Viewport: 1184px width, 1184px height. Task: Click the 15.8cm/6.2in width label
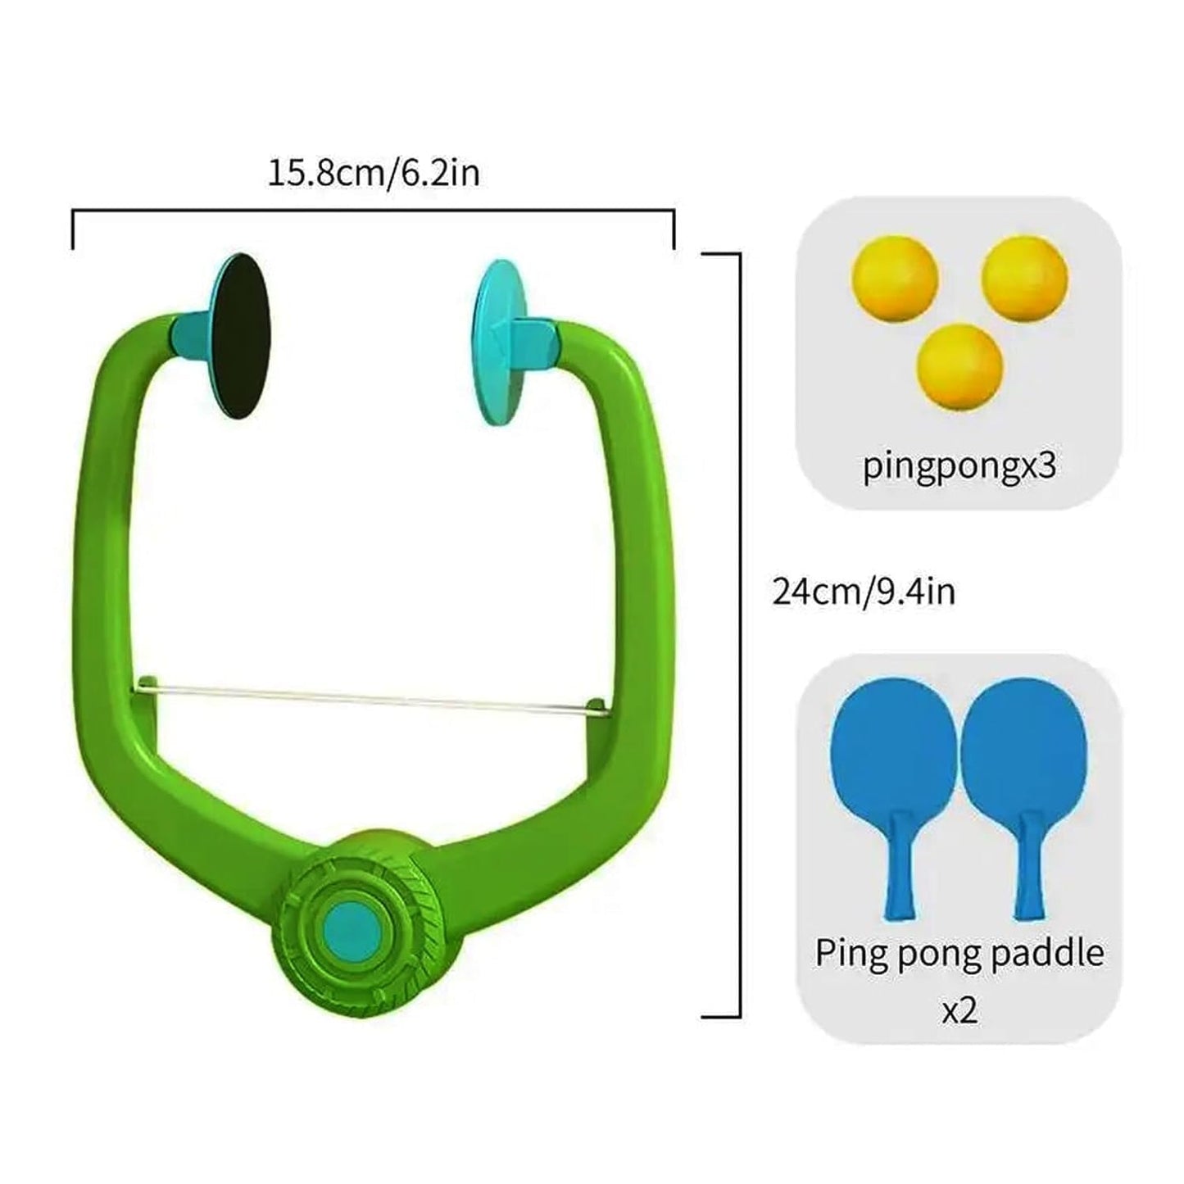[x=374, y=174]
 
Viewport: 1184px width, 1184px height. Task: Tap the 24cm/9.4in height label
[x=864, y=592]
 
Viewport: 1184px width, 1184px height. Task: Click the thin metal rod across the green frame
[x=369, y=697]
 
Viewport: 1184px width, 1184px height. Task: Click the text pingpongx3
[x=959, y=465]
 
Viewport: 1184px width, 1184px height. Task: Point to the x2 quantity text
[x=959, y=1010]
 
